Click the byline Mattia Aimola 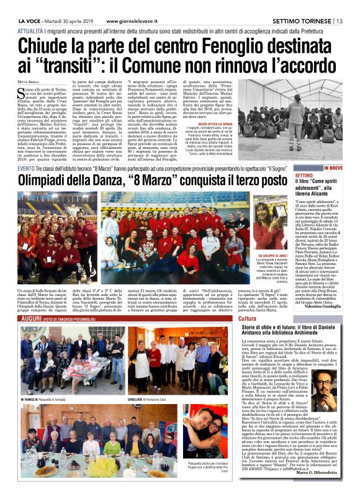29,81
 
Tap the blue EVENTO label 26,169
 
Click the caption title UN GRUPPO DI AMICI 269,254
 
